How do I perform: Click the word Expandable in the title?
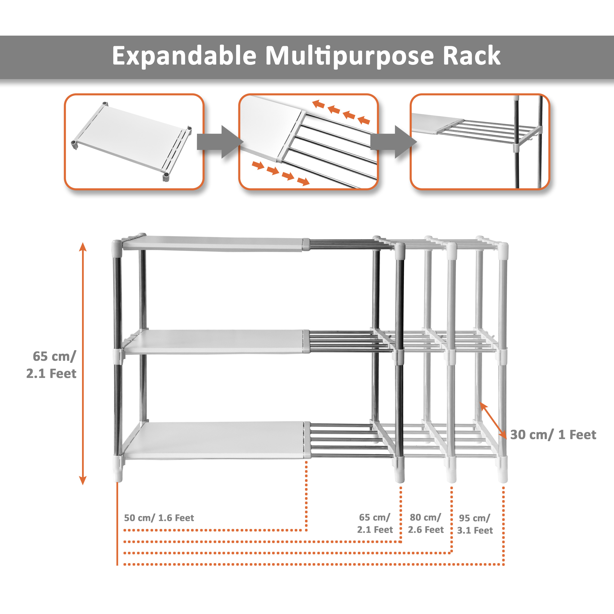coord(184,56)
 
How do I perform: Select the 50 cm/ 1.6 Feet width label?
coord(159,518)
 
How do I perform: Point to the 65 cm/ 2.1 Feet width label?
coord(375,523)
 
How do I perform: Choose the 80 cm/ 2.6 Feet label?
coord(426,523)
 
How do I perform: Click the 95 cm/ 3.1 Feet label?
coord(475,524)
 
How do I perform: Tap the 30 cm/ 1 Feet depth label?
coord(553,435)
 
